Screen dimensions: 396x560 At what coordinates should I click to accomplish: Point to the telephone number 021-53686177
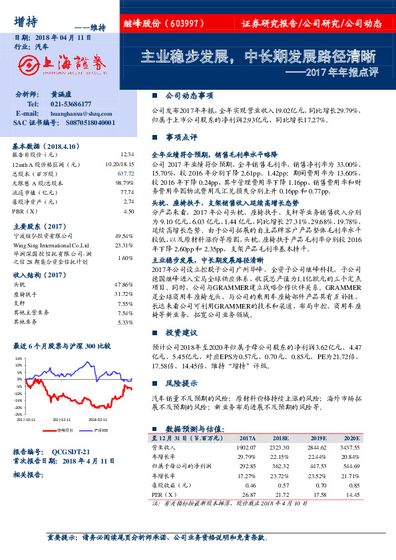point(71,104)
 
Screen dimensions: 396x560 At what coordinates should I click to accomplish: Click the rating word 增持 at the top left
point(26,21)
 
